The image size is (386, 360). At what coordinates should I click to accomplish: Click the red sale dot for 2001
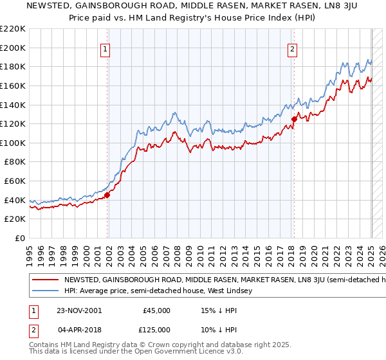tap(107, 195)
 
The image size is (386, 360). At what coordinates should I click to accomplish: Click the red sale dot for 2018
tap(294, 119)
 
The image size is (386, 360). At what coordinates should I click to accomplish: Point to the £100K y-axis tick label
tap(14, 143)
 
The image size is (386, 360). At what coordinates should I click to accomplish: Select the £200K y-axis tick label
tap(14, 48)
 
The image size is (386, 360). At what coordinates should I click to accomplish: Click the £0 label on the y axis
tap(21, 238)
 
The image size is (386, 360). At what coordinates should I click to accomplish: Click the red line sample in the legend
tap(45, 280)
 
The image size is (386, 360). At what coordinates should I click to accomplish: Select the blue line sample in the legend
tap(45, 291)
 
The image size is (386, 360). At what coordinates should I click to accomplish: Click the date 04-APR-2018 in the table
tap(78, 329)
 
